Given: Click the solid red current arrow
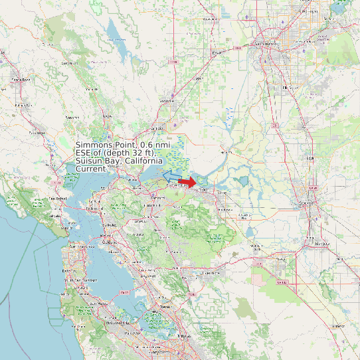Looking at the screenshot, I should click(x=188, y=181).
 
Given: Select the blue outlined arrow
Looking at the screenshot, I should click(x=171, y=175).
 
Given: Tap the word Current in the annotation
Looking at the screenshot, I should click(x=91, y=169).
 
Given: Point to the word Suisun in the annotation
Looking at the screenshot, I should click(x=89, y=161).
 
